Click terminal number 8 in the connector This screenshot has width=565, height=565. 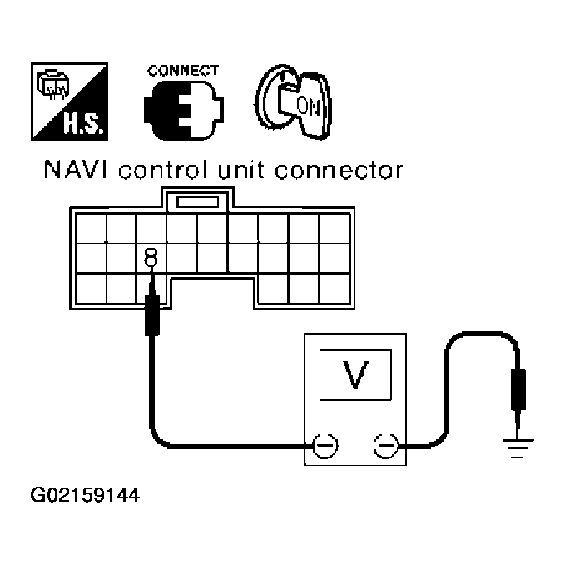pyautogui.click(x=151, y=257)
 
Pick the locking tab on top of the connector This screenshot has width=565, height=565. pyautogui.click(x=196, y=201)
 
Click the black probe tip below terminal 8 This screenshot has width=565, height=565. pyautogui.click(x=152, y=315)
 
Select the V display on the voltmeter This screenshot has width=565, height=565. pyautogui.click(x=356, y=374)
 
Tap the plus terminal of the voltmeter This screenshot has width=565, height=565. pyautogui.click(x=325, y=447)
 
